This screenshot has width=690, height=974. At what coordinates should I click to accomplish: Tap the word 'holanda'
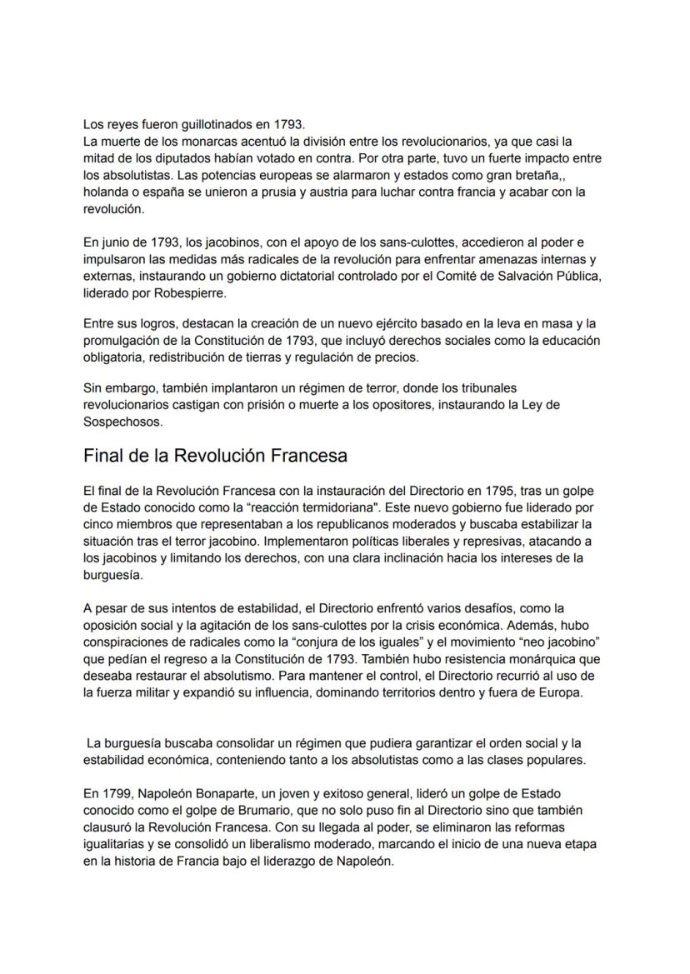[106, 192]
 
